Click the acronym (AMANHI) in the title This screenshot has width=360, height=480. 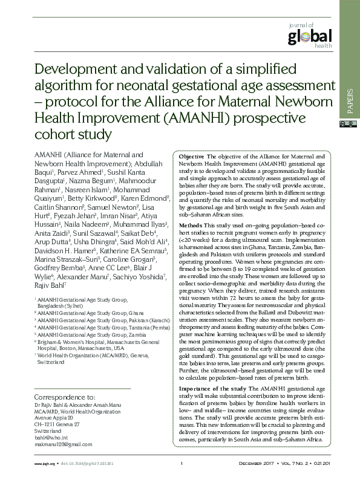point(189,115)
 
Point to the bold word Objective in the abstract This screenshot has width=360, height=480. point(191,157)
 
